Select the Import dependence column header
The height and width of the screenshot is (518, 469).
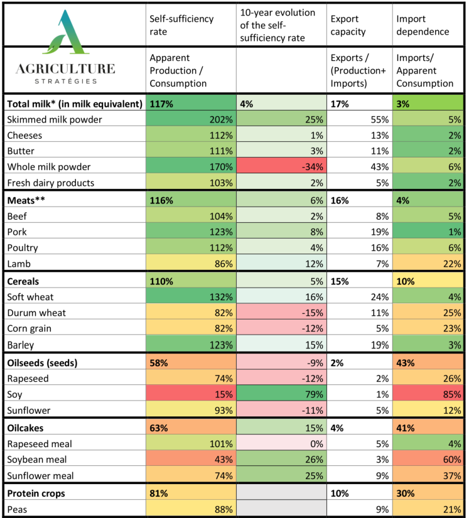pyautogui.click(x=423, y=25)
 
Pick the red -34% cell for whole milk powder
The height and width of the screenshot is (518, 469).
pyautogui.click(x=281, y=167)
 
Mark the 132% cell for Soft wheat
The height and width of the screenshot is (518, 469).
pyautogui.click(x=191, y=296)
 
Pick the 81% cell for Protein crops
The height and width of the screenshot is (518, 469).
pyautogui.click(x=191, y=493)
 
